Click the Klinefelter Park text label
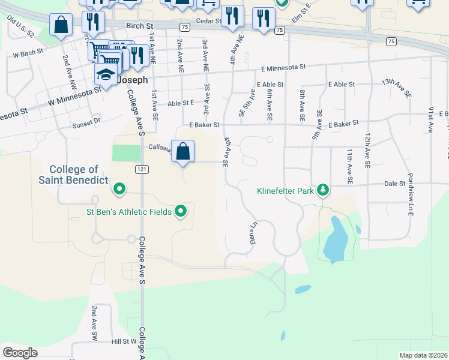click(285, 191)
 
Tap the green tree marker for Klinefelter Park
click(324, 190)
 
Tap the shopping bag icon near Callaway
click(183, 151)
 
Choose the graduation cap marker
click(105, 76)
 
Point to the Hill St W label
click(125, 341)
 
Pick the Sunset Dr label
click(87, 122)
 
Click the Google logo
click(20, 353)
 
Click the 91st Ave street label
click(430, 121)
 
